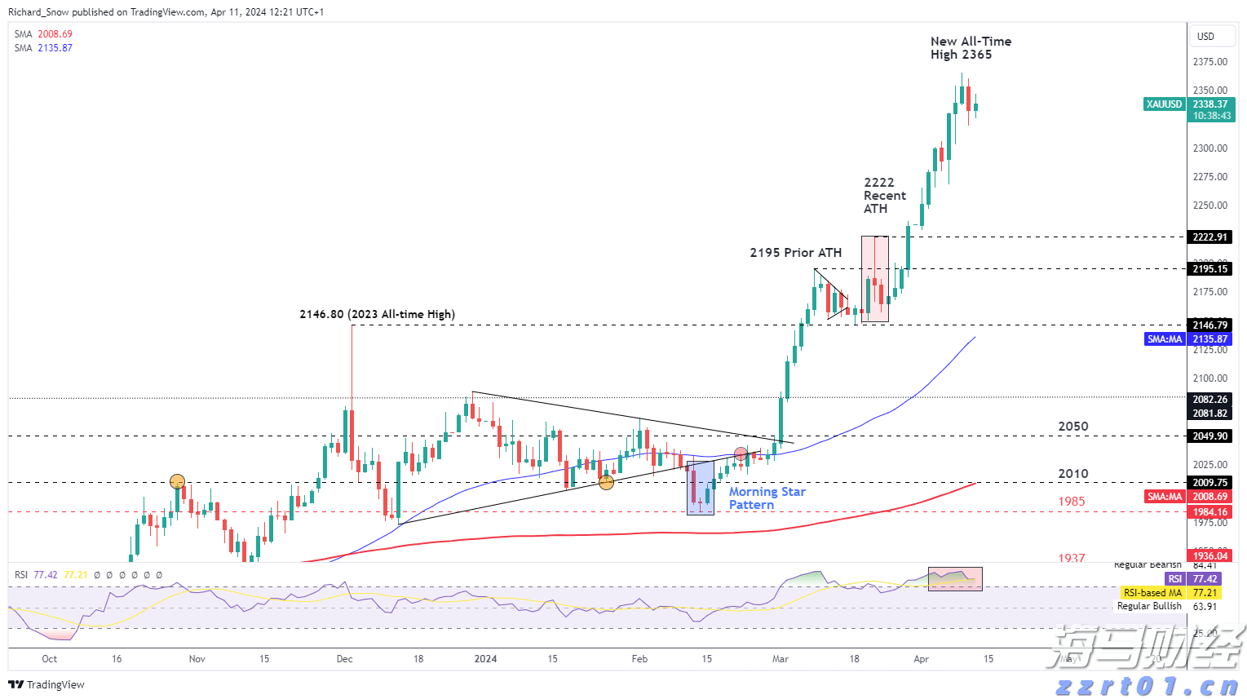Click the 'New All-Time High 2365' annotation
pyautogui.click(x=971, y=48)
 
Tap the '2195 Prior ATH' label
pyautogui.click(x=795, y=253)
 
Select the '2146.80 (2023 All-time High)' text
pyautogui.click(x=377, y=314)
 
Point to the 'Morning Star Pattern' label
pyautogui.click(x=767, y=498)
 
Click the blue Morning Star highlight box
pyautogui.click(x=701, y=488)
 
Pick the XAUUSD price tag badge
pyautogui.click(x=1164, y=104)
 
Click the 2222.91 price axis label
pyautogui.click(x=1210, y=237)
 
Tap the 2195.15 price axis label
pyautogui.click(x=1210, y=268)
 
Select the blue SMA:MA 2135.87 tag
pyautogui.click(x=1165, y=339)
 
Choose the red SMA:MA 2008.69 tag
pyautogui.click(x=1165, y=496)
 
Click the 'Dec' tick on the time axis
pyautogui.click(x=344, y=659)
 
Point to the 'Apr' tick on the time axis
pyautogui.click(x=921, y=659)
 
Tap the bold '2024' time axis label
pyautogui.click(x=485, y=659)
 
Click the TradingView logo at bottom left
pyautogui.click(x=47, y=684)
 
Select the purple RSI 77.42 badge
pyautogui.click(x=1175, y=579)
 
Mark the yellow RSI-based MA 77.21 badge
pyautogui.click(x=1152, y=593)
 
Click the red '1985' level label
pyautogui.click(x=1072, y=502)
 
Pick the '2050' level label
pyautogui.click(x=1073, y=427)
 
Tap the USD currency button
pyautogui.click(x=1205, y=37)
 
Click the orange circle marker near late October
pyautogui.click(x=177, y=481)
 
